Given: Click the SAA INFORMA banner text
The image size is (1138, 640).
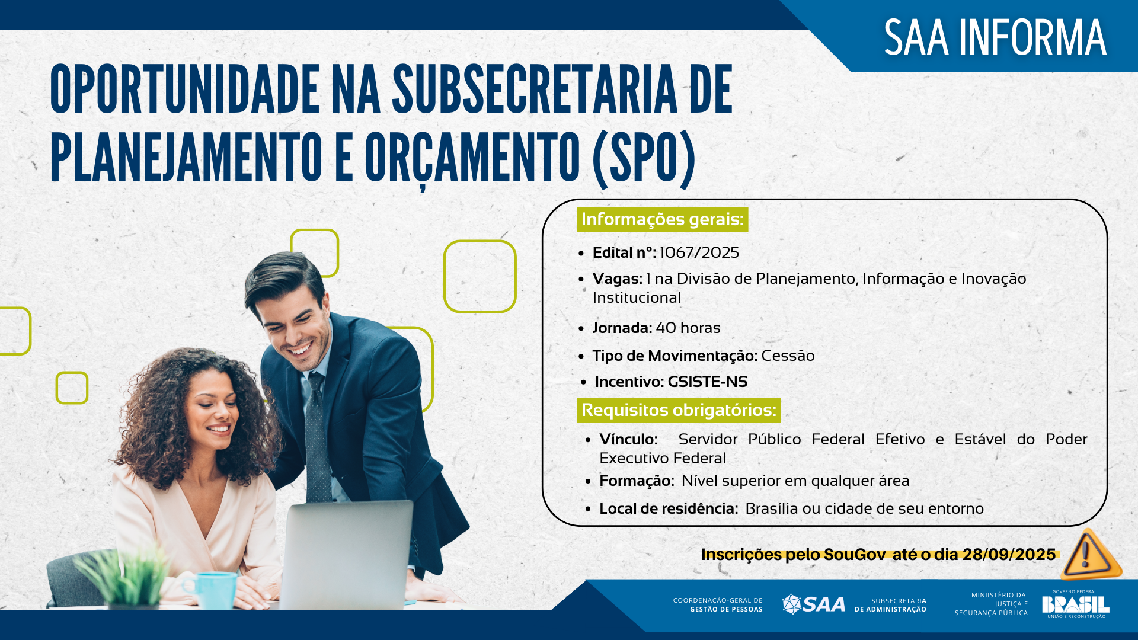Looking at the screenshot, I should (x=995, y=37).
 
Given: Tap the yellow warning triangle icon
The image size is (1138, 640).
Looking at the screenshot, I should (x=1089, y=555).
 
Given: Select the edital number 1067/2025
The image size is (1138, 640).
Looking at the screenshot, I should (x=699, y=252).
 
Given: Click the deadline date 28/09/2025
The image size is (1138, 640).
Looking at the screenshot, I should (x=1009, y=554).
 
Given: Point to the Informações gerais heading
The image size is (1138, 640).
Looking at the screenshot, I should (x=662, y=219).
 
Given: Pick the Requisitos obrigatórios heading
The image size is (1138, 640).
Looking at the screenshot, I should (x=679, y=410).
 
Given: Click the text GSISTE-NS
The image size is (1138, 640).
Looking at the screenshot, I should (x=707, y=382).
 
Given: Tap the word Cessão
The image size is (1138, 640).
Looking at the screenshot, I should (x=788, y=356).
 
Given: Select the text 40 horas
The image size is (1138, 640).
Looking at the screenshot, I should (x=688, y=328).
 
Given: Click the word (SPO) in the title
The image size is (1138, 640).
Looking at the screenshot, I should (x=644, y=157).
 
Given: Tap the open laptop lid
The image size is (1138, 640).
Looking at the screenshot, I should (x=347, y=554).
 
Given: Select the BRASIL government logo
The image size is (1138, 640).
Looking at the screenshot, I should (x=1075, y=604).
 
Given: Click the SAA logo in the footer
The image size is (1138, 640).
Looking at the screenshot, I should (x=814, y=604).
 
